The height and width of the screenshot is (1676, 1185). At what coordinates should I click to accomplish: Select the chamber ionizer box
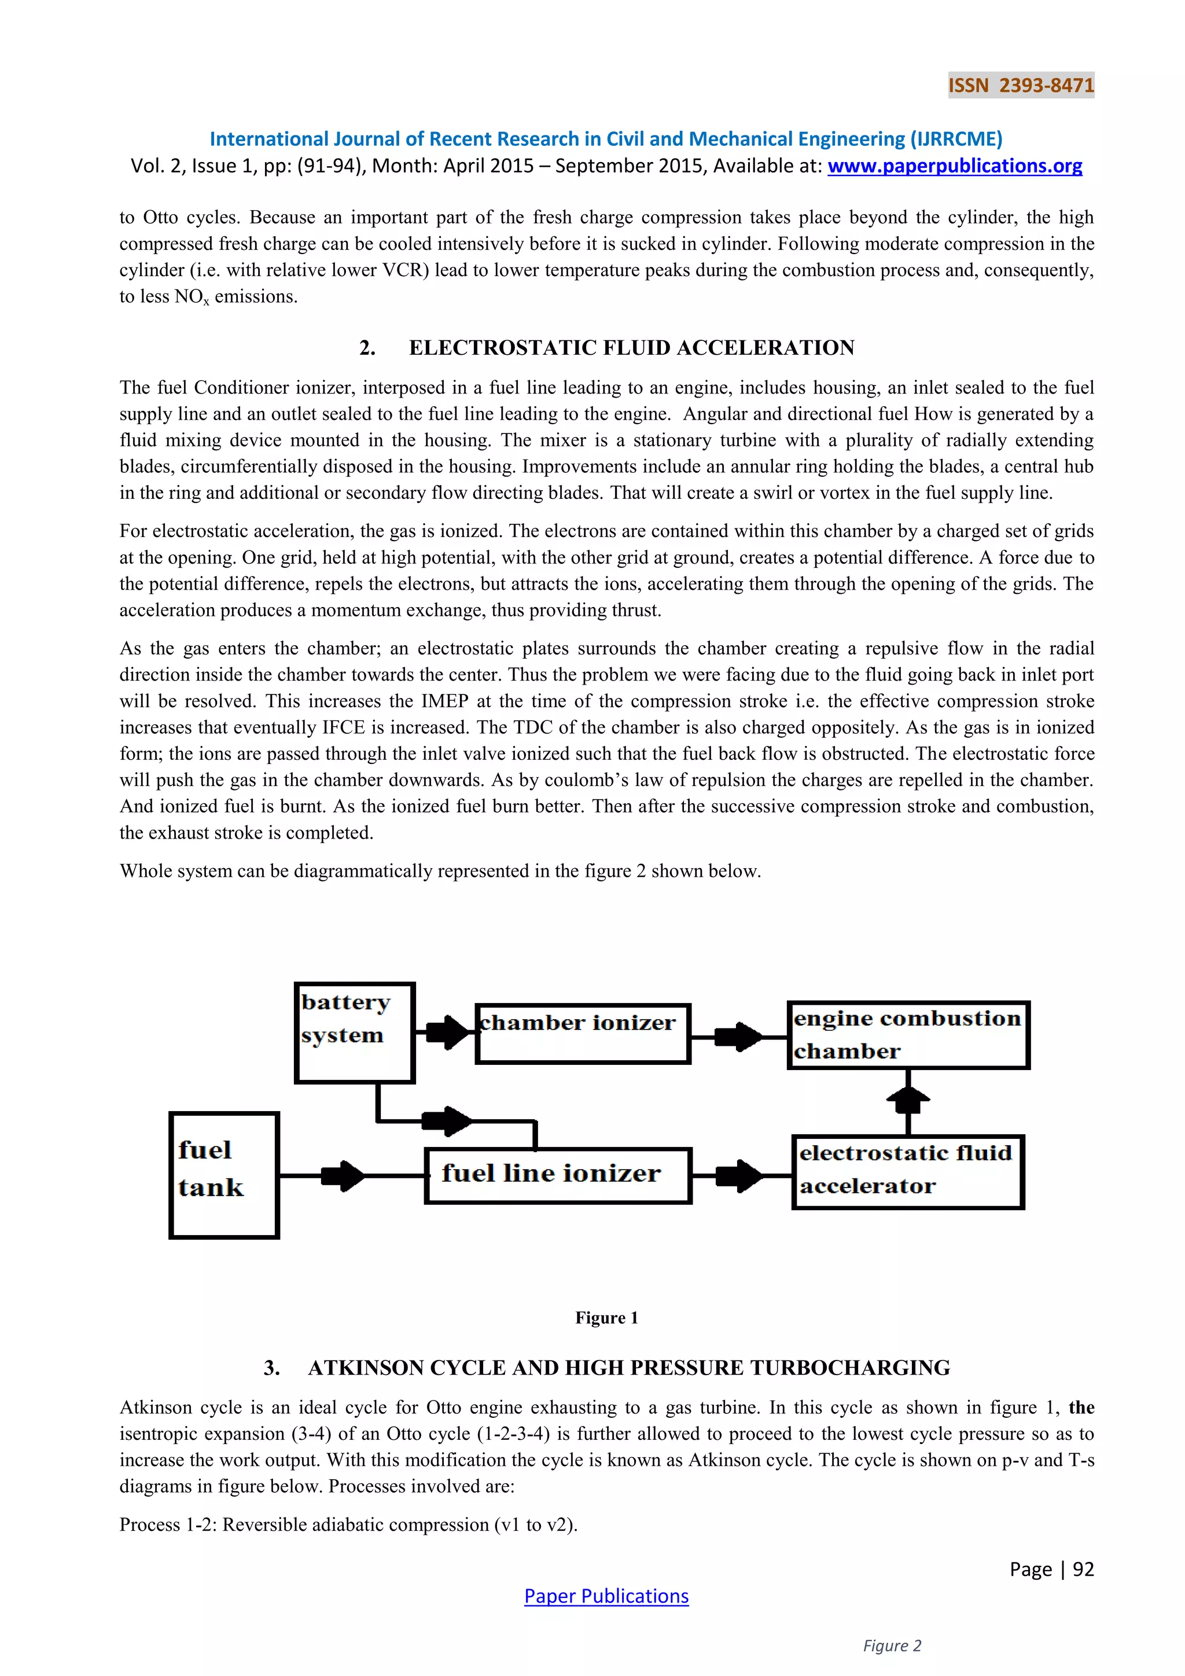click(582, 1033)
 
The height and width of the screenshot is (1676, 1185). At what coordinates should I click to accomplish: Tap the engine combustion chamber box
click(908, 1034)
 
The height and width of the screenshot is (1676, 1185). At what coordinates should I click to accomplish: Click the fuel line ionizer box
click(557, 1174)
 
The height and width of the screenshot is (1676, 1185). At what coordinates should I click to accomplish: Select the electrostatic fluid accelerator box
click(908, 1171)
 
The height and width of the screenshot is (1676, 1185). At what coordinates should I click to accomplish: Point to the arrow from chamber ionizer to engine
click(738, 1036)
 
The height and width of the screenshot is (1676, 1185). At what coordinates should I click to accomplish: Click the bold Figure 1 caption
click(606, 1318)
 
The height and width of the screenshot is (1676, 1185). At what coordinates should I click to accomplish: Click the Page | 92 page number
click(1051, 1569)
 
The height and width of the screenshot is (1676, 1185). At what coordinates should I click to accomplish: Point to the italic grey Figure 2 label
click(892, 1645)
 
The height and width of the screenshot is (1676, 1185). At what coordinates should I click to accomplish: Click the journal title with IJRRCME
click(606, 139)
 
